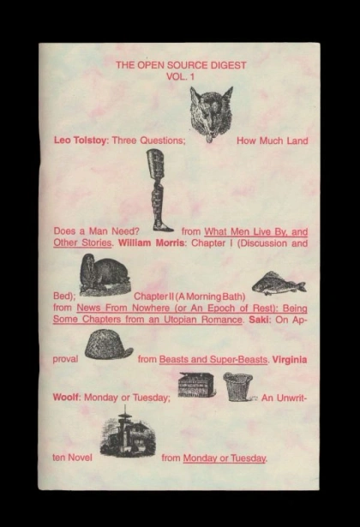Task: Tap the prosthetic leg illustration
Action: [x=159, y=190]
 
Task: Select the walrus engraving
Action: [x=105, y=275]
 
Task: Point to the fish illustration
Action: [x=279, y=284]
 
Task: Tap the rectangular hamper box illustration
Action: [x=196, y=385]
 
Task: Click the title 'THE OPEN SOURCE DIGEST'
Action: [x=181, y=65]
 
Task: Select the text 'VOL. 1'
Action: [x=181, y=76]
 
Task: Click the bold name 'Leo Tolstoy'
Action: [x=80, y=141]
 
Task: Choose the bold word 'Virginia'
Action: [x=290, y=360]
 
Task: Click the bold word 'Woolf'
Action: [x=66, y=398]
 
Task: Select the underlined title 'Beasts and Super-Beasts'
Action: [x=213, y=360]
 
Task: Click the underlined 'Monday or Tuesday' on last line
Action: [x=225, y=458]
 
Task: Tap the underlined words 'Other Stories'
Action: [x=82, y=243]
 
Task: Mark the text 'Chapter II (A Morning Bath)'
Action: [x=189, y=296]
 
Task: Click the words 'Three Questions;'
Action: [x=148, y=141]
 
